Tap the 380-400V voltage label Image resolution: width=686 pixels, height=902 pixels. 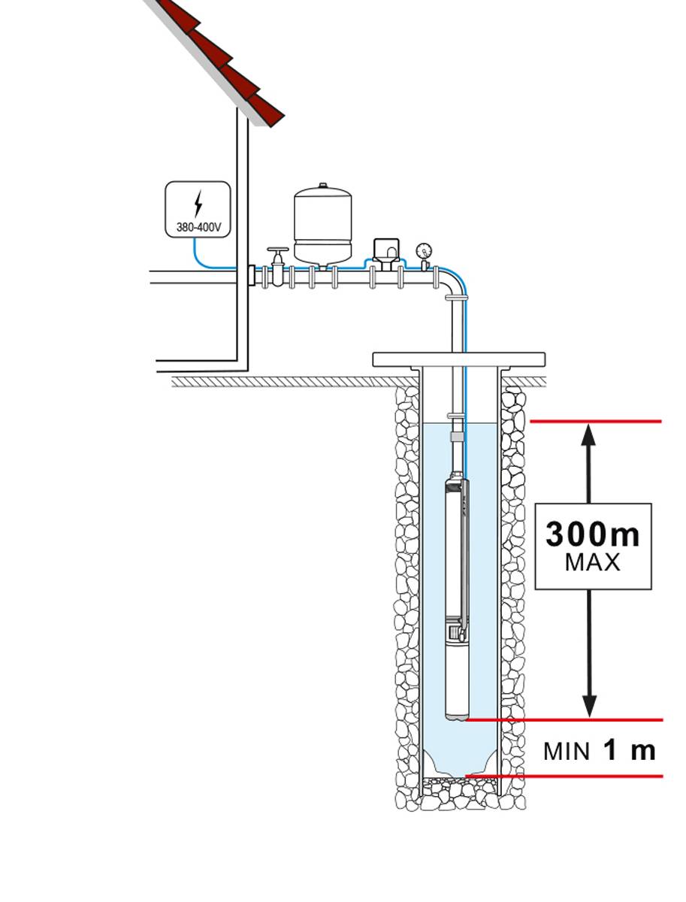[x=198, y=226]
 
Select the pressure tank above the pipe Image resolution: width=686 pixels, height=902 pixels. [x=323, y=223]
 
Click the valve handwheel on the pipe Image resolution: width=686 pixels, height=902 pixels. [x=278, y=250]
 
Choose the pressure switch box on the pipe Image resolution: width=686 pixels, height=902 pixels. [x=385, y=250]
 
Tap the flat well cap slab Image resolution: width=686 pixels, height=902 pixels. [x=458, y=359]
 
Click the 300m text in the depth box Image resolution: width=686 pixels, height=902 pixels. [x=593, y=534]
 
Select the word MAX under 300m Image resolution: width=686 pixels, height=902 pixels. [x=593, y=562]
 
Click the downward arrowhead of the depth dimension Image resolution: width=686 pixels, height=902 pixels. [x=590, y=706]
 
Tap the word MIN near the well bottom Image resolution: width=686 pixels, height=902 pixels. [x=567, y=752]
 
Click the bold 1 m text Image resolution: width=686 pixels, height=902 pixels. [x=630, y=749]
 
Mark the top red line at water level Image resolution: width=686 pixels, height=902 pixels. [x=597, y=422]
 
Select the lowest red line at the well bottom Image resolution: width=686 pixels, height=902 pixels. [x=564, y=776]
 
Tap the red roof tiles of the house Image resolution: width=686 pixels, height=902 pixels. [x=225, y=60]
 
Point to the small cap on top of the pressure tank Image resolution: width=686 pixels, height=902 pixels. [x=323, y=186]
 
